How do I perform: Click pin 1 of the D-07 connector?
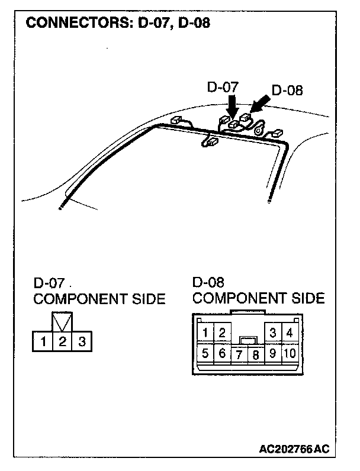point(43,341)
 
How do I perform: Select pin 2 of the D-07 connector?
point(62,341)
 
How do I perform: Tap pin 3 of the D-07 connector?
point(82,341)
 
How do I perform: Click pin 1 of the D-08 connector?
point(205,333)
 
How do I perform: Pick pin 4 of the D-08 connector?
point(290,333)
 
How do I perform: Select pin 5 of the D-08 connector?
point(205,354)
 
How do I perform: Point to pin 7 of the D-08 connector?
point(239,355)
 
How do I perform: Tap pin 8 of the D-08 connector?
point(255,355)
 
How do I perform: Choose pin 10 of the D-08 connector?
point(290,354)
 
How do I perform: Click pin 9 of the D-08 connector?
point(272,354)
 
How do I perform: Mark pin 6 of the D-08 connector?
point(221,354)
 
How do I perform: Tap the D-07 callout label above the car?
point(223,87)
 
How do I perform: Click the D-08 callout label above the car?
point(287,91)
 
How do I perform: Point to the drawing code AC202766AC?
point(293,449)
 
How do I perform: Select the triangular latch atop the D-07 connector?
point(62,321)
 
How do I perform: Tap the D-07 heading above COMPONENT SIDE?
point(49,282)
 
